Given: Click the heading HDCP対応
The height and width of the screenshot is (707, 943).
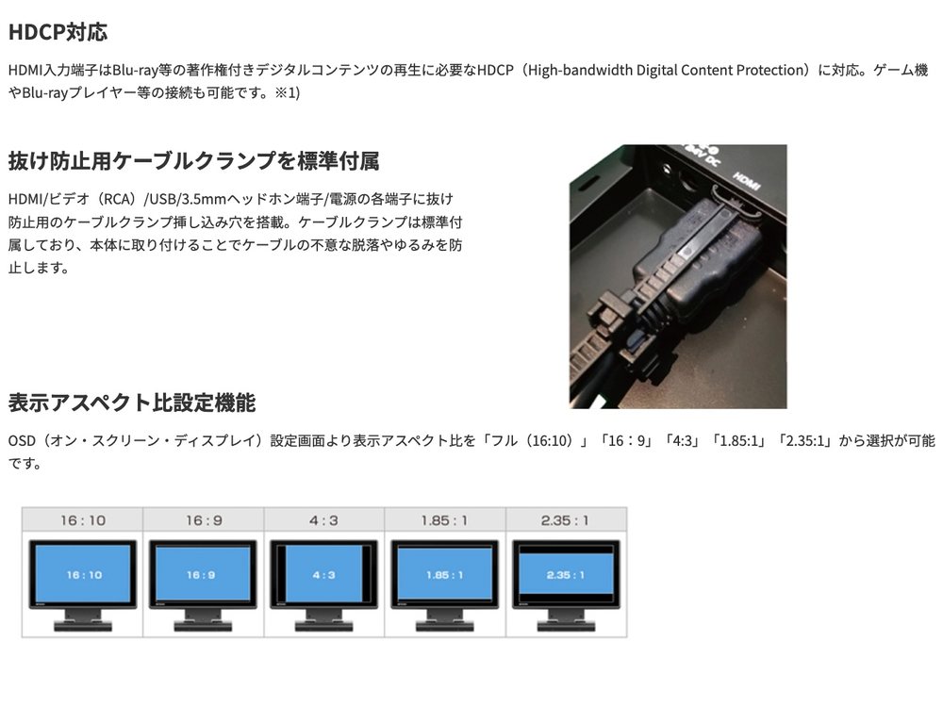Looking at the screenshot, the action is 58,32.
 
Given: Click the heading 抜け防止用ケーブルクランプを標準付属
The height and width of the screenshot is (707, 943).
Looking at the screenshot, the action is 193,161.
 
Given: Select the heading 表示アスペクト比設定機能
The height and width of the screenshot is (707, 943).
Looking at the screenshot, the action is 132,403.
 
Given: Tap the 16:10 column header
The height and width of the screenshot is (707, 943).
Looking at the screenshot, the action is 82,520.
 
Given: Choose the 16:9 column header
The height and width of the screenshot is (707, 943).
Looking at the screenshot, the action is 204,520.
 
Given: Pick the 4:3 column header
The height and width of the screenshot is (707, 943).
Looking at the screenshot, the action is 323,520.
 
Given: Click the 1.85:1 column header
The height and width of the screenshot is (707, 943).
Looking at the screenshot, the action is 444,520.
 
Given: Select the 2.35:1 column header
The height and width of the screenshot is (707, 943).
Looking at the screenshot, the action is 565,520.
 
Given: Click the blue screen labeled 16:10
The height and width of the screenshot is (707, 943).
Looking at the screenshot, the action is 83,574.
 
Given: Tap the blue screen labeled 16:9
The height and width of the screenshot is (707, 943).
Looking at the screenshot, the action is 203,574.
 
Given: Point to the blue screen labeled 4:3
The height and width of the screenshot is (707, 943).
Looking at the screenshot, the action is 323,574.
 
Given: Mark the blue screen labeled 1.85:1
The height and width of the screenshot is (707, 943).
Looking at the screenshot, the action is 444,574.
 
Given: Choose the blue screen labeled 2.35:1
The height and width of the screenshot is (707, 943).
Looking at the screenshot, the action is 565,573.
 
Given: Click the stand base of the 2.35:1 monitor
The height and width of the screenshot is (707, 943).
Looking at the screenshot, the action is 565,627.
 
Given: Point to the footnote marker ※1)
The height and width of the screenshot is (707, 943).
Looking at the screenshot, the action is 287,93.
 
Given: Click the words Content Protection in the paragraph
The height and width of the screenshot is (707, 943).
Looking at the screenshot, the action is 743,71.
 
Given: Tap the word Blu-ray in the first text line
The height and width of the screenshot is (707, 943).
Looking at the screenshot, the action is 135,71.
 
